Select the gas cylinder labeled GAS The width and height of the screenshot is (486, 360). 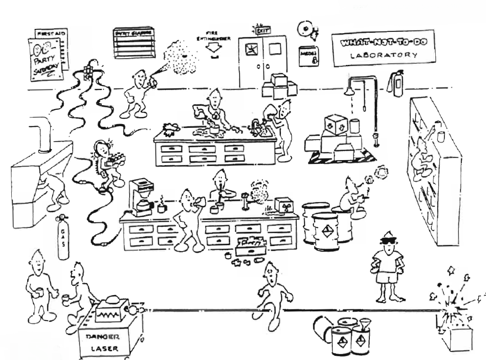[63, 238]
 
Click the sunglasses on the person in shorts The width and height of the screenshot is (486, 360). [388, 240]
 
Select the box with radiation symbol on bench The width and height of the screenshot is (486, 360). [284, 205]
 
